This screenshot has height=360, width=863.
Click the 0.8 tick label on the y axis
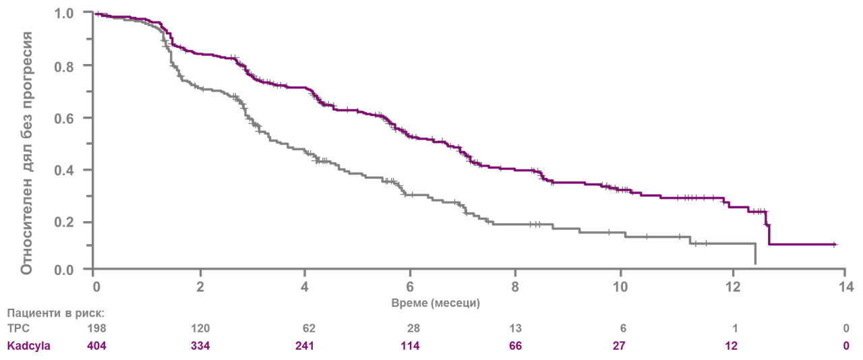(63, 67)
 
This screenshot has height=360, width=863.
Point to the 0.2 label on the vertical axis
(63, 222)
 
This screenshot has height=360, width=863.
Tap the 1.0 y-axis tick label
(63, 14)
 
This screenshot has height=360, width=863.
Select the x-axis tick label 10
(620, 287)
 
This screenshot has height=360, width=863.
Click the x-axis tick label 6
(410, 287)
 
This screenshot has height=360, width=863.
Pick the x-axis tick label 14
(846, 287)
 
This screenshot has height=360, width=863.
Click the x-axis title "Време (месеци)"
(436, 303)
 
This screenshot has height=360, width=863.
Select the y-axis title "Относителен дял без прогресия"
(26, 153)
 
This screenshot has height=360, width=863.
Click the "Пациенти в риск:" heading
(56, 313)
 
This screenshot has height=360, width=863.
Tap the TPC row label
(18, 328)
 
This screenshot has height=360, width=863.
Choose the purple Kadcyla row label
(28, 346)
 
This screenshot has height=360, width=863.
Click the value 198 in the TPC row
(96, 328)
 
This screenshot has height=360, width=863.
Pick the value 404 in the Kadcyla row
(96, 345)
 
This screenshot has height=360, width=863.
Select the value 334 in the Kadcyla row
(200, 345)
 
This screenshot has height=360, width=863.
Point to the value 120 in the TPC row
(200, 328)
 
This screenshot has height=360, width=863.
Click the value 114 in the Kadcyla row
(410, 345)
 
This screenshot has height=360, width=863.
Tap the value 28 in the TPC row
(413, 328)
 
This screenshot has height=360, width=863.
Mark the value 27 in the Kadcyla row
(619, 345)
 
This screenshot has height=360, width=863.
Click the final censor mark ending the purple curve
(834, 244)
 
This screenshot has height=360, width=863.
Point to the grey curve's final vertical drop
(755, 254)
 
